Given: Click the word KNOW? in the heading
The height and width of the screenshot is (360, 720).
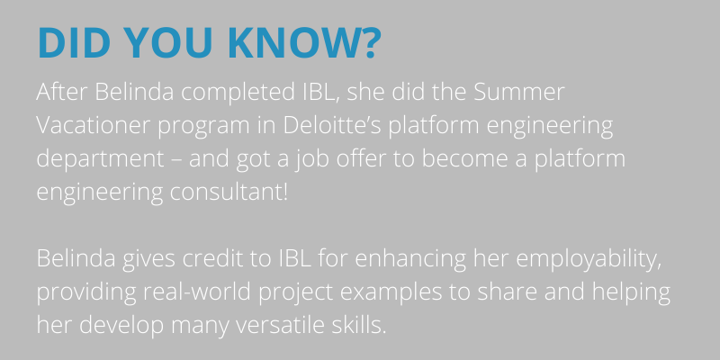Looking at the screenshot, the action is (x=304, y=43).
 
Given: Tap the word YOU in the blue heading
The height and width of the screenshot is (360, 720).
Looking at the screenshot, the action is (x=168, y=43).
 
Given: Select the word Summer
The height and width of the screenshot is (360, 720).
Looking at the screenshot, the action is (x=519, y=92).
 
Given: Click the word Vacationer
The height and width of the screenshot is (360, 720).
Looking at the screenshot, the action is (x=93, y=125).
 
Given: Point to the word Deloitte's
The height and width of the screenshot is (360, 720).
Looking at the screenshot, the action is (x=332, y=125).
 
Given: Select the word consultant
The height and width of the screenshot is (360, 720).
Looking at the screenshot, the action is (x=227, y=192).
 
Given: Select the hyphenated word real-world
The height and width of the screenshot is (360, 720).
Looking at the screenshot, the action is (x=197, y=291).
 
